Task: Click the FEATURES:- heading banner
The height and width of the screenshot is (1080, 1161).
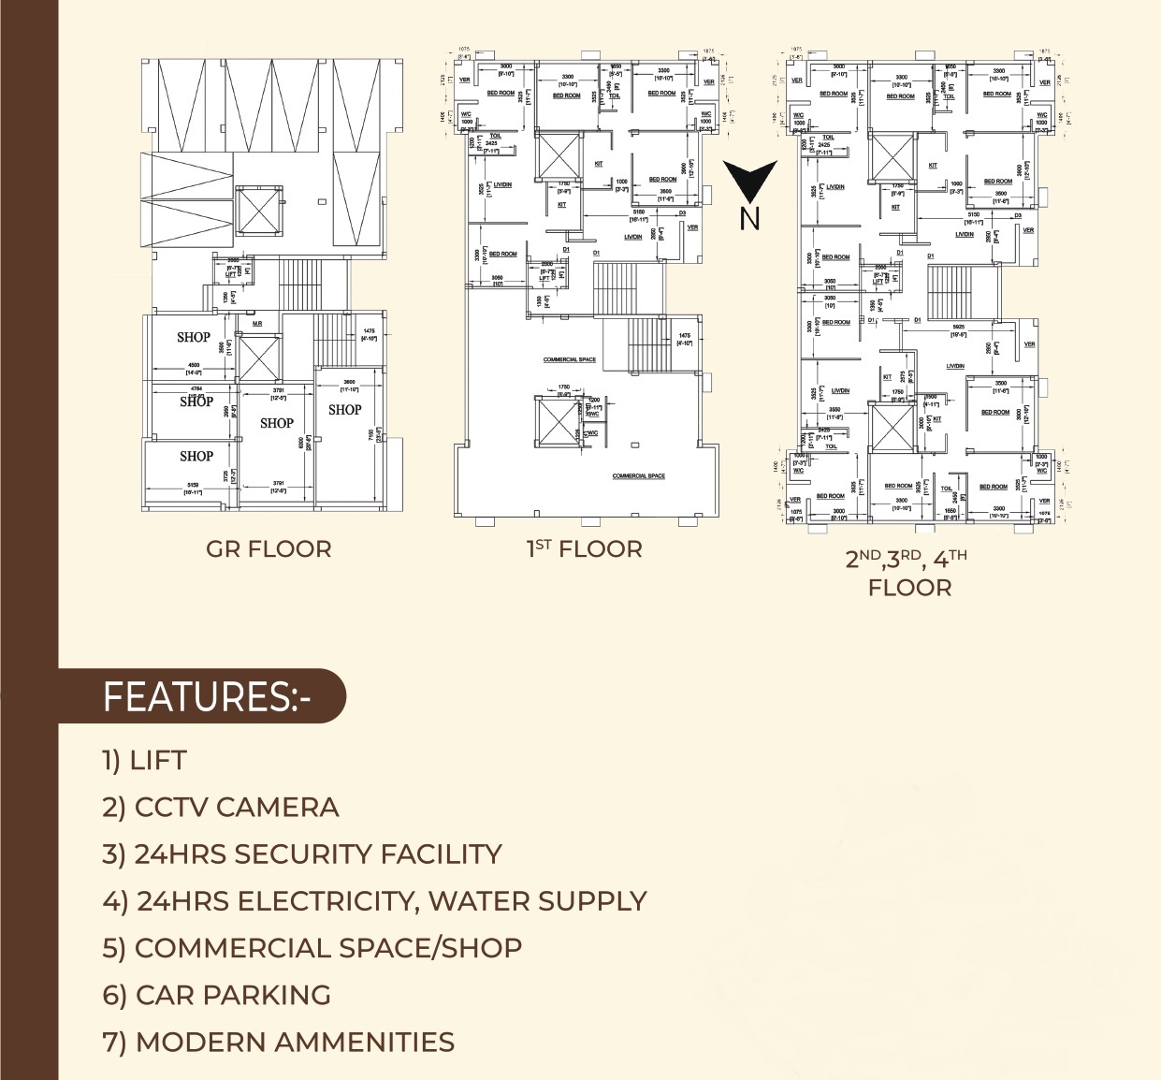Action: point(206,697)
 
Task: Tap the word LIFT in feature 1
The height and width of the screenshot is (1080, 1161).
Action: point(158,761)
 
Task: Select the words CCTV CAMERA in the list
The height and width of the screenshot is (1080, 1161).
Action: point(237,808)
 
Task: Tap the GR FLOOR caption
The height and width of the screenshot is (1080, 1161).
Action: point(268,549)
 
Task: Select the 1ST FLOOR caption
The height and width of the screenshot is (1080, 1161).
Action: point(585,549)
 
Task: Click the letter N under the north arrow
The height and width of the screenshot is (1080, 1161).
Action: point(749,219)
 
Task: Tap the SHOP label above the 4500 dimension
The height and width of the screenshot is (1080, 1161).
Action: point(194,337)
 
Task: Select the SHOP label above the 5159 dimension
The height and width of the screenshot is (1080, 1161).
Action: point(196,456)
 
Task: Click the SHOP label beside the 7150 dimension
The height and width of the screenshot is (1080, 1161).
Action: point(344,410)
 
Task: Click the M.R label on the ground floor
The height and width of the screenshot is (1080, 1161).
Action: point(257,324)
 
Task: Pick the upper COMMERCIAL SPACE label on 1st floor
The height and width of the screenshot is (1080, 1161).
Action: point(570,359)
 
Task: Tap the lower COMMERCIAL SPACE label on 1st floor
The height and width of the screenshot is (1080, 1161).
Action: point(639,475)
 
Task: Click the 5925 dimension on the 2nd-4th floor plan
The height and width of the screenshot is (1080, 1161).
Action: point(958,328)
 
